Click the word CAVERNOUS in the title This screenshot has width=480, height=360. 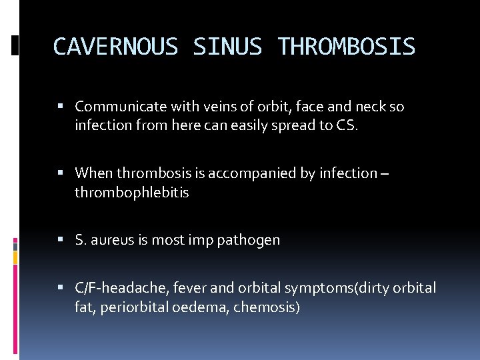click(115, 47)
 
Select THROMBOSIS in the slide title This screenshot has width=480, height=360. click(347, 47)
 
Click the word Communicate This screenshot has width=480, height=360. click(116, 107)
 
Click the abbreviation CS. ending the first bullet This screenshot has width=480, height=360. click(347, 125)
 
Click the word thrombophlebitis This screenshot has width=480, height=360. click(132, 192)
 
